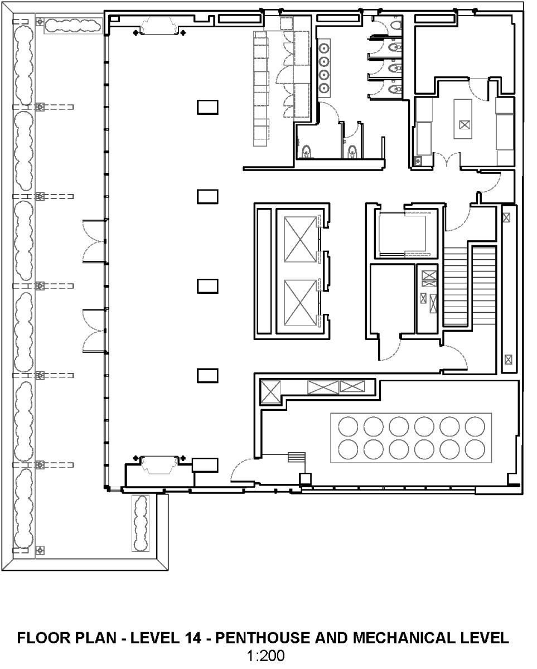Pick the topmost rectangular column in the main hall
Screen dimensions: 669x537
tap(207, 106)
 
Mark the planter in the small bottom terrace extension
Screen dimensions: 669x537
tap(140, 522)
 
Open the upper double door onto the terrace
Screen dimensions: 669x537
tap(94, 240)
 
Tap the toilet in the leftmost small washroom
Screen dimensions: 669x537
tap(306, 151)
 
